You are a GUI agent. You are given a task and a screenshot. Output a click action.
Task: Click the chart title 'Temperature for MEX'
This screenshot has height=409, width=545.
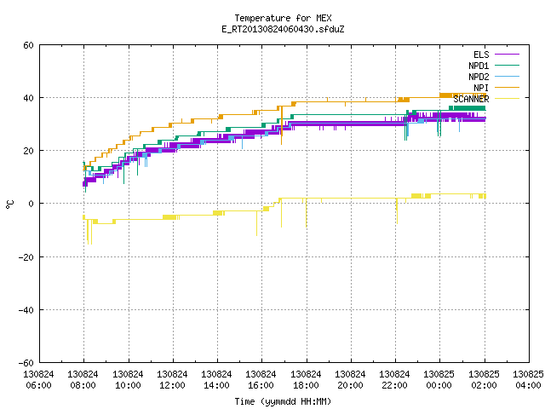(x=283, y=18)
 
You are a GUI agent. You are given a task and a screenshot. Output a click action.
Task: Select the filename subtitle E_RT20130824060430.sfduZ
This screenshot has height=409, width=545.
(x=283, y=29)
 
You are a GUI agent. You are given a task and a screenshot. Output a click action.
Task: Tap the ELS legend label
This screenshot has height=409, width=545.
(x=481, y=55)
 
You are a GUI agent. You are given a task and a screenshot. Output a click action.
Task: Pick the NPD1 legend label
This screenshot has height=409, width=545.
(x=479, y=66)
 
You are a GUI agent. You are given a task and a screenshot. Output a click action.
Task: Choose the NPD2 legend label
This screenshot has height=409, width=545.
(x=479, y=77)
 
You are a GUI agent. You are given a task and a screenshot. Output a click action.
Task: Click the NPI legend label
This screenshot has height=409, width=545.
(x=481, y=88)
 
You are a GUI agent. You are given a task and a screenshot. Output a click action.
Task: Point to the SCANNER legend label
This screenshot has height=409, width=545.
(x=471, y=99)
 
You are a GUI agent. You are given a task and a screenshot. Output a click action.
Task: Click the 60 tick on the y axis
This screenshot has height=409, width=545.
(x=28, y=45)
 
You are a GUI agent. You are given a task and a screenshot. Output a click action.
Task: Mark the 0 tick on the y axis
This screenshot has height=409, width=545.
(x=31, y=204)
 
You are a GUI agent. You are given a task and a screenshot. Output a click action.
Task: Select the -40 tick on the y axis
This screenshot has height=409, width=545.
(x=26, y=310)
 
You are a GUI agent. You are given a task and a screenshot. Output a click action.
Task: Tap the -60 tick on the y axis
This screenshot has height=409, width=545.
(x=26, y=363)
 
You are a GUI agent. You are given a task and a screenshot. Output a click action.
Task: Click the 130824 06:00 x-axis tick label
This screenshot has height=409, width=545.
(x=38, y=380)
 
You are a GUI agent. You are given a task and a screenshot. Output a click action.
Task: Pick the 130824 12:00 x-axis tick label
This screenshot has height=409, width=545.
(x=172, y=380)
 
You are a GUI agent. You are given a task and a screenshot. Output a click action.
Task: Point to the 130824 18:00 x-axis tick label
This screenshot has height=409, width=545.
(x=306, y=380)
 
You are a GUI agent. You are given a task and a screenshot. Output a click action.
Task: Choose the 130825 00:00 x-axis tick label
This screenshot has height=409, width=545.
(x=439, y=380)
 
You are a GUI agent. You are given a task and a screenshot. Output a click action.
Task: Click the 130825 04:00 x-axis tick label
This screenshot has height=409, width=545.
(x=528, y=380)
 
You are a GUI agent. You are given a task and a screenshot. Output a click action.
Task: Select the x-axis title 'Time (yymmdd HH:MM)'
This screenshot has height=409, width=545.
(x=283, y=401)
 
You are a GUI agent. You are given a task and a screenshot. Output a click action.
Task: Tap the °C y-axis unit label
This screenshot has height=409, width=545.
(x=10, y=204)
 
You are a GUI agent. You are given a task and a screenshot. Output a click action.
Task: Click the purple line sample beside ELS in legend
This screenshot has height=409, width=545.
(x=508, y=55)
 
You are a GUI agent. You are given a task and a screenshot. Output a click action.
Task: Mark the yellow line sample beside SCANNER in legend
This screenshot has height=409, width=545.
(x=508, y=99)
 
